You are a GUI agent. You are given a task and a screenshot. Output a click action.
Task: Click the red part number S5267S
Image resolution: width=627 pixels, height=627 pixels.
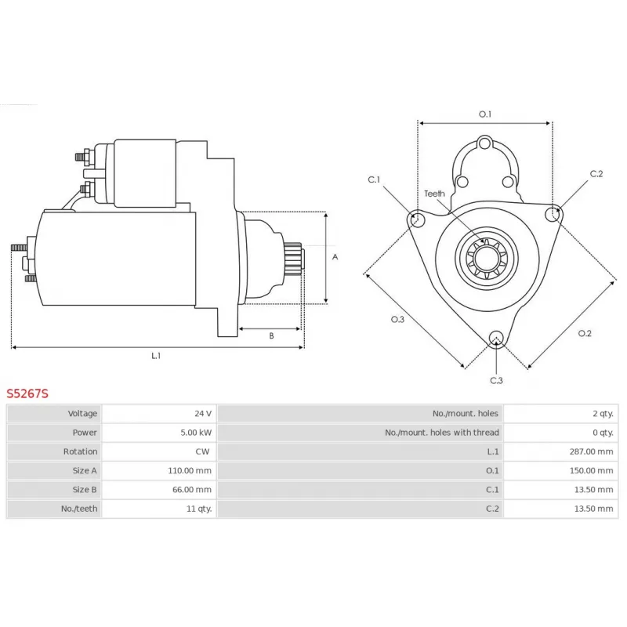tap(27, 394)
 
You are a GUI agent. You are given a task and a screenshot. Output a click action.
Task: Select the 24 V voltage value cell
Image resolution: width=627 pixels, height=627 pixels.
tap(203, 414)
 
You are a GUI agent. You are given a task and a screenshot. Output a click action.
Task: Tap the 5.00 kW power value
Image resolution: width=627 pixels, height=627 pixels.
tap(196, 433)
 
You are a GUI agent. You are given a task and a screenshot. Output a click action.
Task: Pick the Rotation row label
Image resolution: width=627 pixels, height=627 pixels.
tap(80, 451)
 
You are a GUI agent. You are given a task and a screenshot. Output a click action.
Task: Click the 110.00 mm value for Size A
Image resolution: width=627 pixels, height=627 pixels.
tap(190, 470)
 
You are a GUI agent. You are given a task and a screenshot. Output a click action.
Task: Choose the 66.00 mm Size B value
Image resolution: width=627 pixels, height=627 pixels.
tap(192, 489)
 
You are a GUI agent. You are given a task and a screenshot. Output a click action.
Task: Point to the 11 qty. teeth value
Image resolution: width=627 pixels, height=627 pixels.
tap(199, 509)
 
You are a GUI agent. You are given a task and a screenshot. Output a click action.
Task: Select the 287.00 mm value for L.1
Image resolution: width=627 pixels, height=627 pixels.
tap(591, 451)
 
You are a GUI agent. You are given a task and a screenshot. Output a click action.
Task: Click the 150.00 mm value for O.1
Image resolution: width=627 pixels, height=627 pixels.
tap(591, 470)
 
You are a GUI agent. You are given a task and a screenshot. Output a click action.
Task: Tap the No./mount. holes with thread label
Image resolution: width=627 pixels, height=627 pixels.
tap(442, 433)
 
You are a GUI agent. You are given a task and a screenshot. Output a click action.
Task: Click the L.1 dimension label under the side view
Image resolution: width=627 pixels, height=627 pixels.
tap(156, 356)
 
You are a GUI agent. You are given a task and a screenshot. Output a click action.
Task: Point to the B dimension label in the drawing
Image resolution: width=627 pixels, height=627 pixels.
tap(271, 336)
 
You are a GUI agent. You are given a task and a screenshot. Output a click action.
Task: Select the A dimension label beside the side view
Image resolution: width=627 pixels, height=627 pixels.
tap(335, 257)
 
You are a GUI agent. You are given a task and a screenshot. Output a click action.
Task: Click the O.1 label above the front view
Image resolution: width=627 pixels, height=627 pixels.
tap(484, 114)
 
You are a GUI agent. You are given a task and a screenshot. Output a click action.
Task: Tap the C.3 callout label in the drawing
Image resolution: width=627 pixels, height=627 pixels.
tap(496, 380)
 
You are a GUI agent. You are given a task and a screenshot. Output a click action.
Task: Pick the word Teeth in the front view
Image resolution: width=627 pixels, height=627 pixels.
tap(434, 194)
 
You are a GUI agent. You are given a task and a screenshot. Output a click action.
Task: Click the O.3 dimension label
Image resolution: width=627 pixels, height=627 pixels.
tap(397, 319)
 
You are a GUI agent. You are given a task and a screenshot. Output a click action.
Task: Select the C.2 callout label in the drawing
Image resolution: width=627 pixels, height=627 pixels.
tap(596, 173)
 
